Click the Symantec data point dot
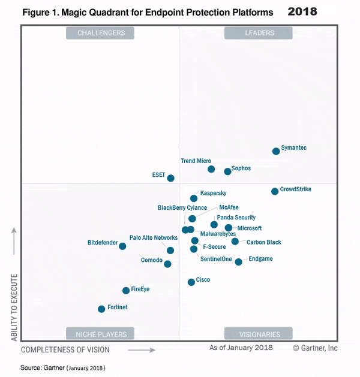click(276, 151)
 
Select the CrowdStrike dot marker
click(275, 191)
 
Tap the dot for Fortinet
click(101, 309)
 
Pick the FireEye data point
click(126, 290)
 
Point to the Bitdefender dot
click(122, 246)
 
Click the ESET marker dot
click(171, 178)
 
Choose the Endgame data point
click(238, 261)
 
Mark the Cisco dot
click(191, 282)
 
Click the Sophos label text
click(241, 168)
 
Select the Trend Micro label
click(196, 161)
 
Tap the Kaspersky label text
click(213, 193)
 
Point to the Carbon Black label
click(264, 242)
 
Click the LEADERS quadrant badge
click(259, 33)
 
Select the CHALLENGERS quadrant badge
click(101, 33)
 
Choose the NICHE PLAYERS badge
click(101, 334)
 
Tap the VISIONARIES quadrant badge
click(259, 334)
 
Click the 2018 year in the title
click(303, 11)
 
